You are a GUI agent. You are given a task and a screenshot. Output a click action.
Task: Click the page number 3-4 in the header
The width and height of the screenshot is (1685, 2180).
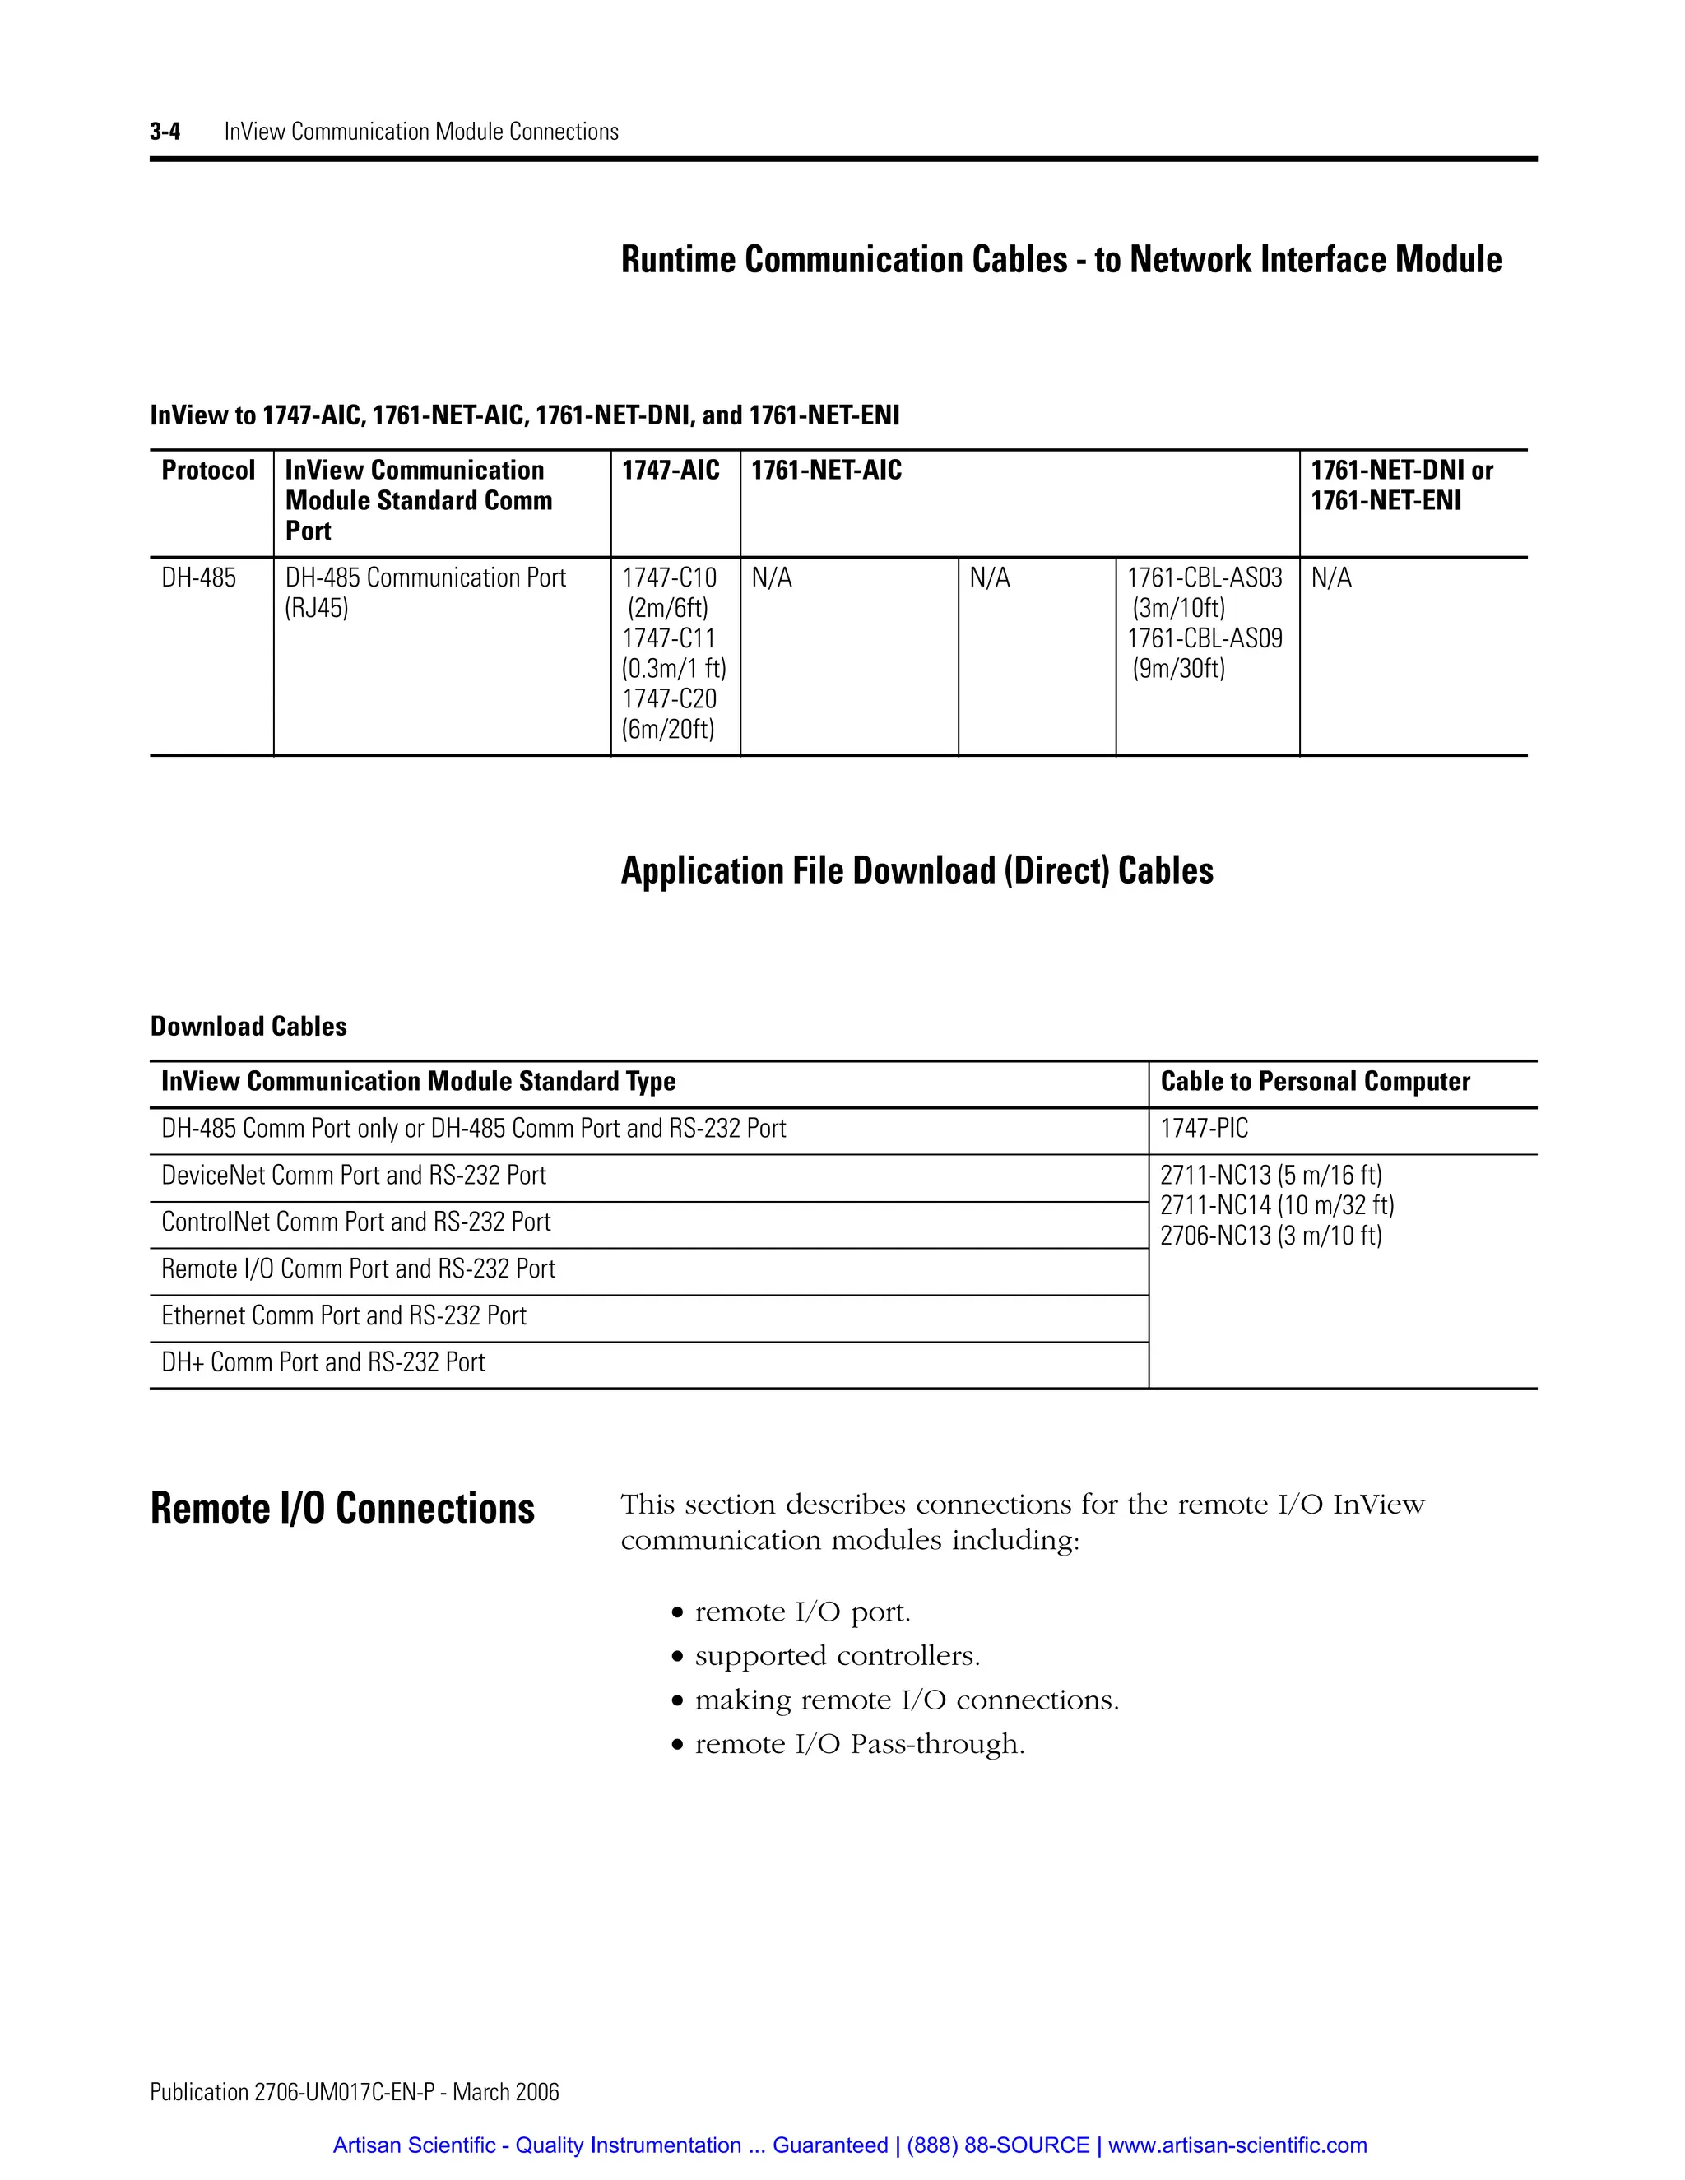[165, 132]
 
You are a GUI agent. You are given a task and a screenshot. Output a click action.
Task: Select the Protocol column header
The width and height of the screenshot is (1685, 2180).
[207, 470]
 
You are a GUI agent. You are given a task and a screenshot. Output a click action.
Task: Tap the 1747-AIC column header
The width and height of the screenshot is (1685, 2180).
[670, 470]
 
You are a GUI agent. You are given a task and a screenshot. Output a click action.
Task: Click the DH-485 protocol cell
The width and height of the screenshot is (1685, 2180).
[198, 578]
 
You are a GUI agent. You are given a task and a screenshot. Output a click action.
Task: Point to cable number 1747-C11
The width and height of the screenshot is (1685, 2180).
[669, 638]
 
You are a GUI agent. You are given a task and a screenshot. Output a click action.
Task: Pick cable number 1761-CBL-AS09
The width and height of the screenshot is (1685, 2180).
[1205, 638]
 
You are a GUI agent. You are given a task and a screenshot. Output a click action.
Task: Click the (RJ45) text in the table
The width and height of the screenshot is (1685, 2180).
[317, 608]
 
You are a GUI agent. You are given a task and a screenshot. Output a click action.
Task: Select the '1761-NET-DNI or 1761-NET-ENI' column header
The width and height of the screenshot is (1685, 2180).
[1400, 485]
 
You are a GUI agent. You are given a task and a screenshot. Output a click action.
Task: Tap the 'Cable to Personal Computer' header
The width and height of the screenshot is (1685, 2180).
[1315, 1081]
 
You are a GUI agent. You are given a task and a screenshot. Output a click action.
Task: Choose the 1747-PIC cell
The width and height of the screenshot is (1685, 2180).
[1204, 1129]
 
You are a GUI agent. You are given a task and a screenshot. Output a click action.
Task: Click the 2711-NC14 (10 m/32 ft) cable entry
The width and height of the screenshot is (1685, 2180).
[1277, 1206]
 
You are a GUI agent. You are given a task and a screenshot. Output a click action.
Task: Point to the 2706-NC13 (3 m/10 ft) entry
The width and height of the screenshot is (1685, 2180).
[1270, 1236]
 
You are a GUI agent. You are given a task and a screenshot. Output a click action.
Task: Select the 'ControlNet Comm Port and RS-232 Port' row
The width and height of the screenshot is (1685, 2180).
[356, 1222]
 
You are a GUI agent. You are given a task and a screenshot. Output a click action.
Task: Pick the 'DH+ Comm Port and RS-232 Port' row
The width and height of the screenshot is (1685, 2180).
[323, 1362]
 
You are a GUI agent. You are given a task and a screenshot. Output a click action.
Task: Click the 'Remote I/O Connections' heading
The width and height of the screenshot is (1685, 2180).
[342, 1508]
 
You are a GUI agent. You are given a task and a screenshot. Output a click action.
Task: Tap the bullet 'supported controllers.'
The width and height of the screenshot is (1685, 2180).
[837, 1656]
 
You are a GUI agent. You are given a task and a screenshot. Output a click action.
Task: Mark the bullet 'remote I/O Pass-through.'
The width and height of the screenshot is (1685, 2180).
[858, 1744]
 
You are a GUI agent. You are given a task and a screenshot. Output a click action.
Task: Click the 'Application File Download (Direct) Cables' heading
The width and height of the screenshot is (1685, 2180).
[917, 870]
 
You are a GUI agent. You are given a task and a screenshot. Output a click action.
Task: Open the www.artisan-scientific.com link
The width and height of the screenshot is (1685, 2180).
[1237, 2145]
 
